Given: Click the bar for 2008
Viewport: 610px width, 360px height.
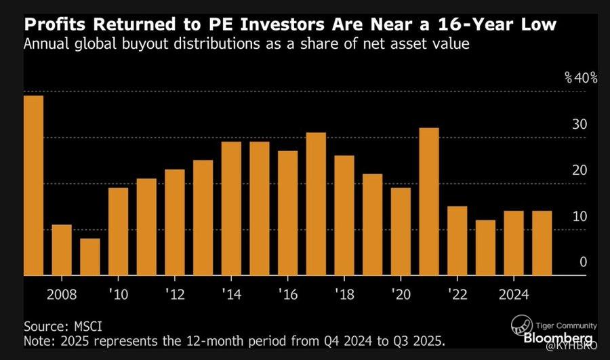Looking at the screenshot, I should (x=62, y=250).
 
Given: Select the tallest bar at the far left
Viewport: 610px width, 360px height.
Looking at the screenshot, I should (x=33, y=186).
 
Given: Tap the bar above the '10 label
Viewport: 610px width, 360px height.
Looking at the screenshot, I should (x=118, y=231).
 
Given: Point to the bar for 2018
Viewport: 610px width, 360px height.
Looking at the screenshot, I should (x=344, y=216).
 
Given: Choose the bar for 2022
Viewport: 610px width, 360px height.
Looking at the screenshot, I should (x=457, y=241).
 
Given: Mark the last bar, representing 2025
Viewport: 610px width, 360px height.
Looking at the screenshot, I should (x=542, y=243).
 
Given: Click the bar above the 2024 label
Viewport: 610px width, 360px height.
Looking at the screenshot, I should (x=514, y=243).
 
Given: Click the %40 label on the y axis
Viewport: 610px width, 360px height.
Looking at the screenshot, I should (x=581, y=78).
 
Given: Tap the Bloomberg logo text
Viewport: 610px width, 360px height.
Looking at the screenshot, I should (x=560, y=337).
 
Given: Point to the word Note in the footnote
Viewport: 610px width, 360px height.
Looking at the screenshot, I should (x=39, y=340).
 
